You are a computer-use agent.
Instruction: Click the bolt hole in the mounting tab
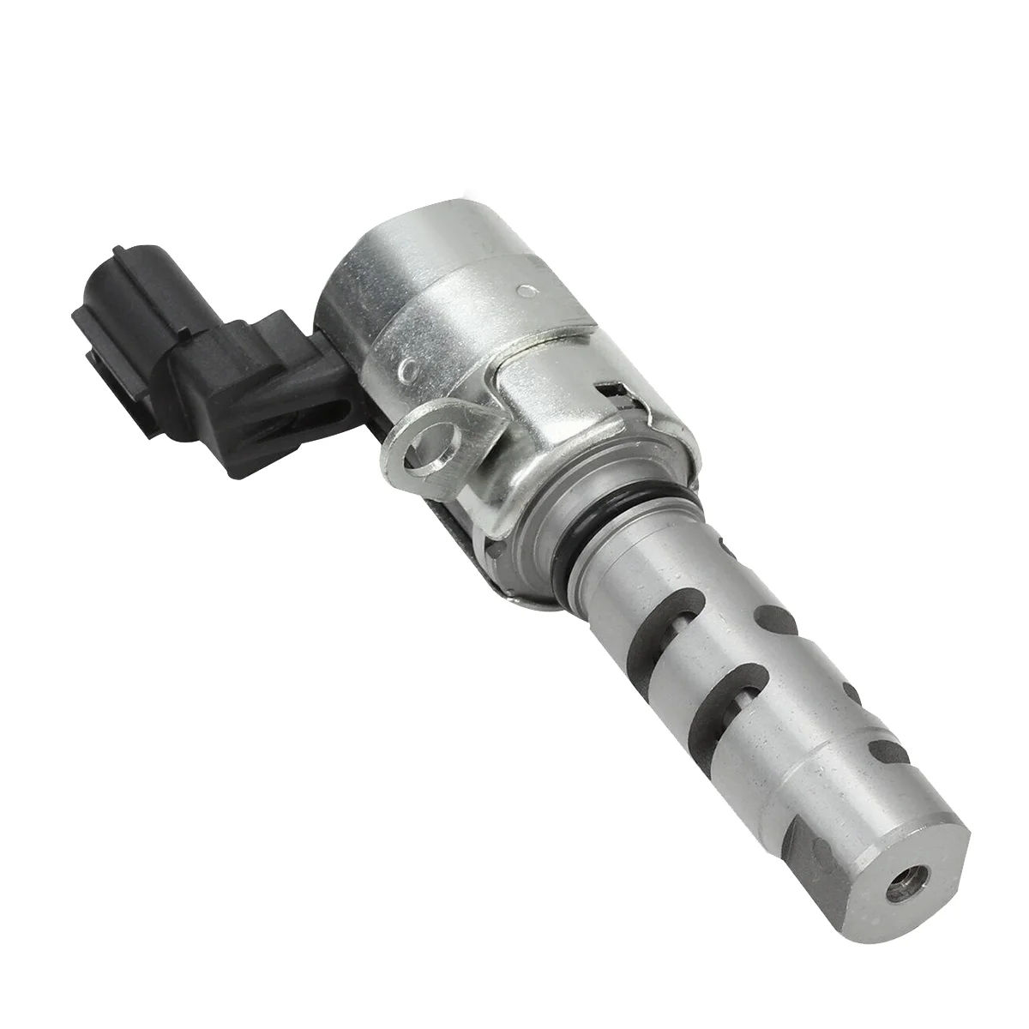tap(427, 447)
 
